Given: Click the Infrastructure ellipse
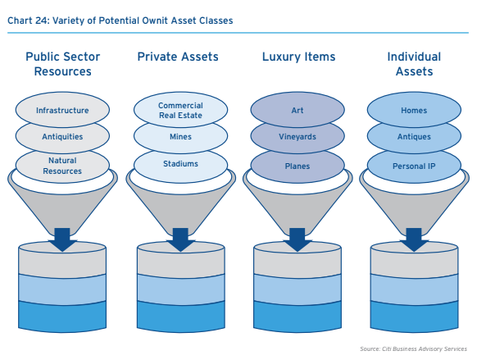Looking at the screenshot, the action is [x=62, y=110].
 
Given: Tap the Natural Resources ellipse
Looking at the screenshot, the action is [x=62, y=166].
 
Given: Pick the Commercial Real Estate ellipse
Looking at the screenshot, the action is [x=180, y=110].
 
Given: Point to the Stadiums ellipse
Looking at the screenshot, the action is [x=180, y=166].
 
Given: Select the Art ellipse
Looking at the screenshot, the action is [x=297, y=110].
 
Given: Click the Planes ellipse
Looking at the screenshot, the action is [x=297, y=166].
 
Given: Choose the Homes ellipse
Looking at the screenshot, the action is [x=414, y=110].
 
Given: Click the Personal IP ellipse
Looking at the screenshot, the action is [x=414, y=166].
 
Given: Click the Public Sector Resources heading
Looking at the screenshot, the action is [x=62, y=64].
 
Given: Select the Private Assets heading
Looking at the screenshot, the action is [x=178, y=57].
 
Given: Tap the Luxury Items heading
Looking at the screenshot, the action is [x=298, y=57].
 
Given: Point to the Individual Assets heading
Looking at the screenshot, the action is [x=414, y=64].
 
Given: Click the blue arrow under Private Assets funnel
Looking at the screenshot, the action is [x=180, y=239].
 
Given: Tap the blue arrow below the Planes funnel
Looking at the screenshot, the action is [x=297, y=239].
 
